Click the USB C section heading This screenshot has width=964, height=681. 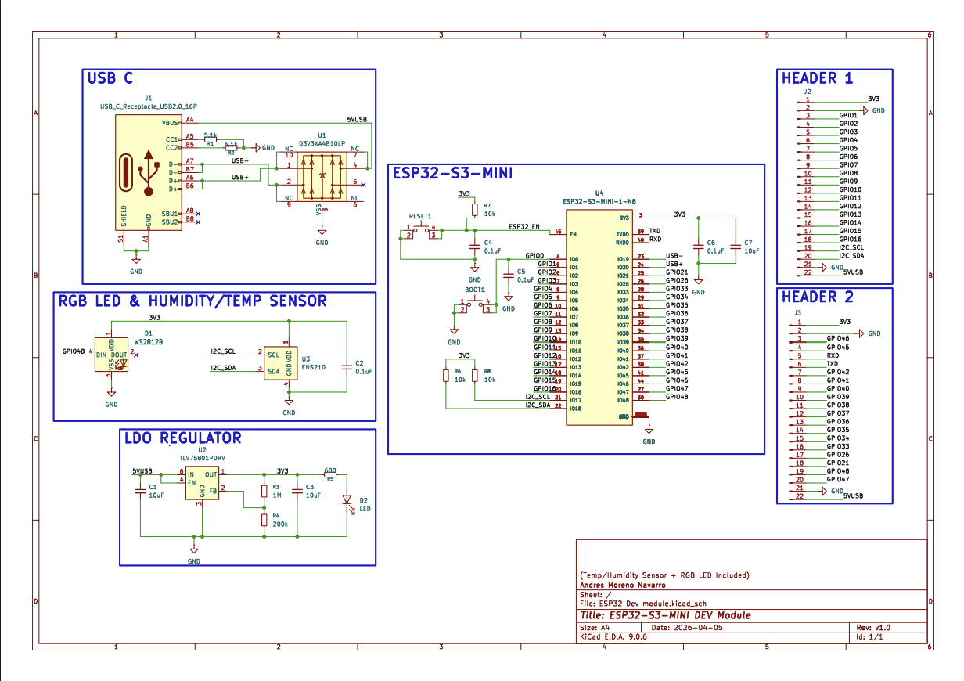[110, 78]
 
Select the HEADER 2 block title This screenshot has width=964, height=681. [817, 297]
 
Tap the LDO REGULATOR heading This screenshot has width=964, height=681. [182, 438]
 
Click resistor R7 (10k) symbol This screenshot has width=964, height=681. [475, 211]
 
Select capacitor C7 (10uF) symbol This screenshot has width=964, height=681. [735, 247]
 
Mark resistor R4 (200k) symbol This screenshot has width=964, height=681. [265, 521]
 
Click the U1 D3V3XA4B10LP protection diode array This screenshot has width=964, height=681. [322, 177]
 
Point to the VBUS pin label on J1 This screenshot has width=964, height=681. [169, 123]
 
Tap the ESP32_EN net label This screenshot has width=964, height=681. [523, 227]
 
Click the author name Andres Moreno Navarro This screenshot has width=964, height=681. [623, 585]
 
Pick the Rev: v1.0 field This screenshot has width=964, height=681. [873, 628]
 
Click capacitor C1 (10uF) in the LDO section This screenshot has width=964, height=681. [140, 492]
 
